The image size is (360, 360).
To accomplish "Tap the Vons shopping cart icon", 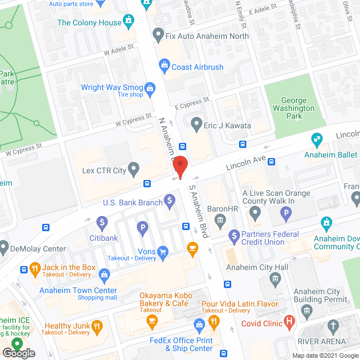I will point(163,251).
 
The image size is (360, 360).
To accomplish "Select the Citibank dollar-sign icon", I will point(102,223).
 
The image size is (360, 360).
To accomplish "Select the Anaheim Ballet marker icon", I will point(317,138).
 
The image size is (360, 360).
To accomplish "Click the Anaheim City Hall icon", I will point(275,278).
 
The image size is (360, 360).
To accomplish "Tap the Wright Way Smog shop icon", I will point(150,88).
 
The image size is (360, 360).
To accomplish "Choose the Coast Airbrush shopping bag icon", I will point(164,67).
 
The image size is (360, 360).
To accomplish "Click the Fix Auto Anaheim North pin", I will point(158,35).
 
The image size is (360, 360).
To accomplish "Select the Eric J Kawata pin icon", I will point(196,123).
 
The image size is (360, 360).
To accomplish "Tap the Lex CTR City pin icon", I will point(133,168).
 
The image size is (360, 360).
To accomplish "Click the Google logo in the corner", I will point(19,353).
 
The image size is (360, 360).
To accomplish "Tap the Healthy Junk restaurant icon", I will point(97,326).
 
